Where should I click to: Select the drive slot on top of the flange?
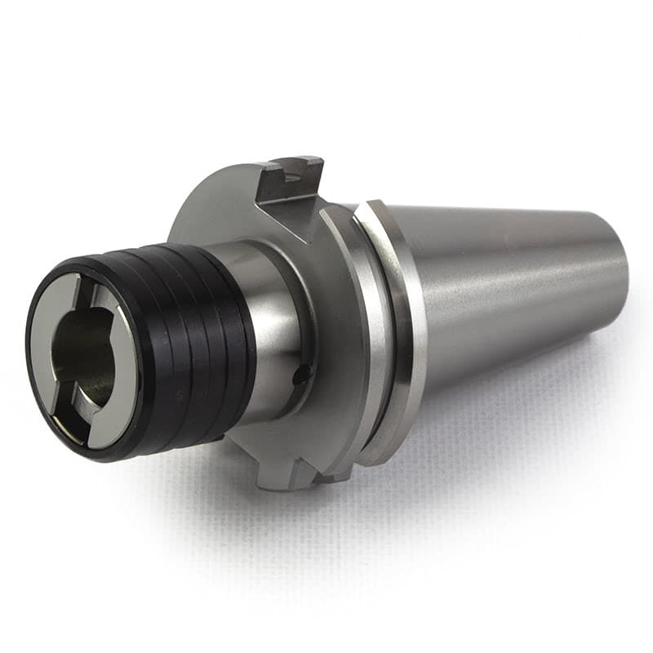click(291, 175)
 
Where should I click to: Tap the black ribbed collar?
click(196, 343)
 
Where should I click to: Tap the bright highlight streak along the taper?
click(506, 269)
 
